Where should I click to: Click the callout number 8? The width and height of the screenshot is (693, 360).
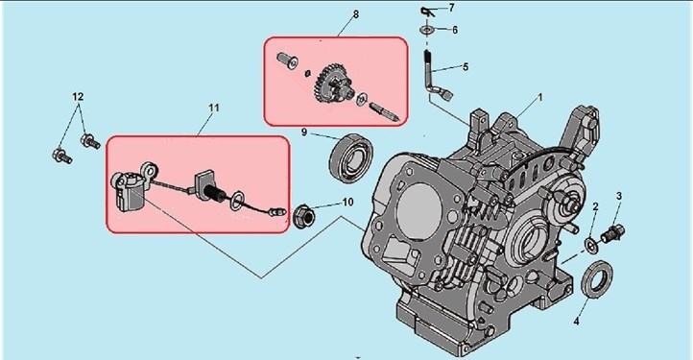pos(356,14)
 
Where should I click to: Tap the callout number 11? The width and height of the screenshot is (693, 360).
pos(214,108)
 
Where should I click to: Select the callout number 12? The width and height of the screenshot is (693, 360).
pos(78,96)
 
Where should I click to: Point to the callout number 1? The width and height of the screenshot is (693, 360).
pos(539,97)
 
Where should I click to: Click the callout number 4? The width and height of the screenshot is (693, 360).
pos(576,322)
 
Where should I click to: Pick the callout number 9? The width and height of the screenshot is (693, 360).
pos(304,132)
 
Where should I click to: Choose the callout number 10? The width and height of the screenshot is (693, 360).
pos(347,203)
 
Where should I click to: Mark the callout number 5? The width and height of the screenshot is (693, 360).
pos(465,67)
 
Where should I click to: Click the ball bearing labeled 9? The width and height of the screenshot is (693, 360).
pos(351,156)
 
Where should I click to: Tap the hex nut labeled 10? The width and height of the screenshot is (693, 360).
pos(303,216)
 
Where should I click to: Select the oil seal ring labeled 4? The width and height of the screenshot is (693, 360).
pos(597,278)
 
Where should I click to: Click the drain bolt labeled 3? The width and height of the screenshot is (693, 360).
pos(613,232)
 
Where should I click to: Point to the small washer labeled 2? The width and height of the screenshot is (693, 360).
pos(591,245)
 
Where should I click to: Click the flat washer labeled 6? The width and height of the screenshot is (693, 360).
pos(427,30)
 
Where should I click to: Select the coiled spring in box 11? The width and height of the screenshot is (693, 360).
pos(215,194)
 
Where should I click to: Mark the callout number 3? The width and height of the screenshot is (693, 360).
pos(619,196)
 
